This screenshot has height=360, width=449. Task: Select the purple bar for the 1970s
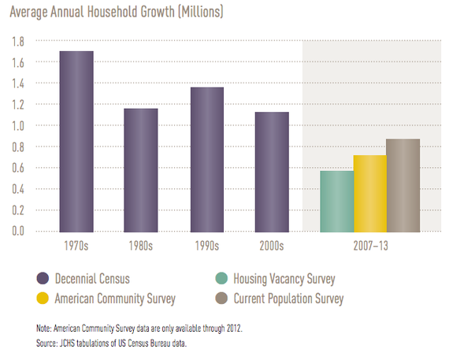point(76,142)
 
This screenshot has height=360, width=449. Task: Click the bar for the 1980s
point(141,170)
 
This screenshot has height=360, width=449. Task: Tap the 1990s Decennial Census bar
point(207,160)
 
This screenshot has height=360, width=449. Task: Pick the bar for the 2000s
point(272,172)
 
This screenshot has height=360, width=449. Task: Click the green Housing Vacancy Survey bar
point(337,202)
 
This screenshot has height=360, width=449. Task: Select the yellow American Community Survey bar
point(370,194)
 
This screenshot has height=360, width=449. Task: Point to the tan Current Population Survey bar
point(403,185)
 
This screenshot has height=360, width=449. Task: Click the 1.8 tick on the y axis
point(18,42)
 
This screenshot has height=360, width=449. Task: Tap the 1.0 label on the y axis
point(18,126)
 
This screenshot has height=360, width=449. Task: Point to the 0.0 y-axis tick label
point(18,231)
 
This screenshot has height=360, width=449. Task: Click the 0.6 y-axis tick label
point(18,168)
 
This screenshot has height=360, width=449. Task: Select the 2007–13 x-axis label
point(370,246)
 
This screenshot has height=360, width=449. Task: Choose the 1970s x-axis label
point(76,246)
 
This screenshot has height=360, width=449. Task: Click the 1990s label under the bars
point(207,246)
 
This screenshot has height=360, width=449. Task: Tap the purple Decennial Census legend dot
point(43,278)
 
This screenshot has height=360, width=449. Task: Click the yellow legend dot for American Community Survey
point(43,298)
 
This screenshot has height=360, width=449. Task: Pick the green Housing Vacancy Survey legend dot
point(221,278)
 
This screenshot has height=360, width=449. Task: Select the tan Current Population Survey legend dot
point(221,298)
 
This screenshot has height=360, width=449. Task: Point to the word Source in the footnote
point(46,343)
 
